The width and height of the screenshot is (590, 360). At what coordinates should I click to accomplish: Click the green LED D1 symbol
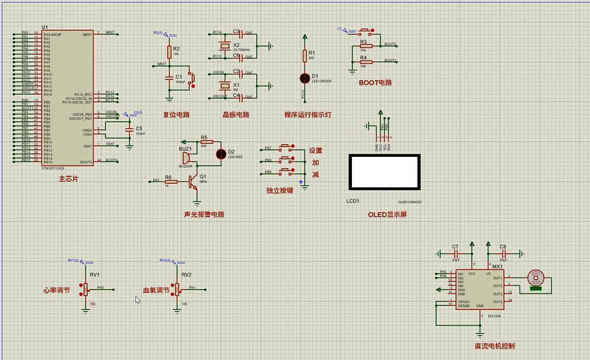(x=304, y=78)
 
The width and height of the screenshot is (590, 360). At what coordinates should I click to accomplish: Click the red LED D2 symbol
(x=221, y=154)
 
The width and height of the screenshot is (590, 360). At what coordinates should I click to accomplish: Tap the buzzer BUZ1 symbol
(x=185, y=156)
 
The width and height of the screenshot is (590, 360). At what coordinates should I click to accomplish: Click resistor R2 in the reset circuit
(x=169, y=52)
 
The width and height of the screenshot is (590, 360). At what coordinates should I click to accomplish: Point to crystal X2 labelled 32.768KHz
(x=225, y=46)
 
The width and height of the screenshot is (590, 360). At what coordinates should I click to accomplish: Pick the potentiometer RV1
(x=85, y=289)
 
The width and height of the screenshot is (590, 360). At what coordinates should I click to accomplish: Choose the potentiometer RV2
(x=177, y=289)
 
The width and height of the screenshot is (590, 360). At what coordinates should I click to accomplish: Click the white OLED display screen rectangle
(x=383, y=171)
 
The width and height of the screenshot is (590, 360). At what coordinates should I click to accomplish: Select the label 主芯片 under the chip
(x=68, y=178)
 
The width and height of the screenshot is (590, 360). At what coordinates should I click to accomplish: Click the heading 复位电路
(x=176, y=115)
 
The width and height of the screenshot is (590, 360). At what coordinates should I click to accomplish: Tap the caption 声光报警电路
(x=204, y=214)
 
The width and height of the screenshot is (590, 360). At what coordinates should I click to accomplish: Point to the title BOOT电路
(x=375, y=83)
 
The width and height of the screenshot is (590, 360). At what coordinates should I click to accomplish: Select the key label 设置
(x=315, y=150)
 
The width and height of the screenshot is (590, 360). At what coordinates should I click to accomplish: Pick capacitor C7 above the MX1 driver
(x=455, y=254)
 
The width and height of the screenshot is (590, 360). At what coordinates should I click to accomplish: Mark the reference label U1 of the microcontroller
(x=44, y=27)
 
